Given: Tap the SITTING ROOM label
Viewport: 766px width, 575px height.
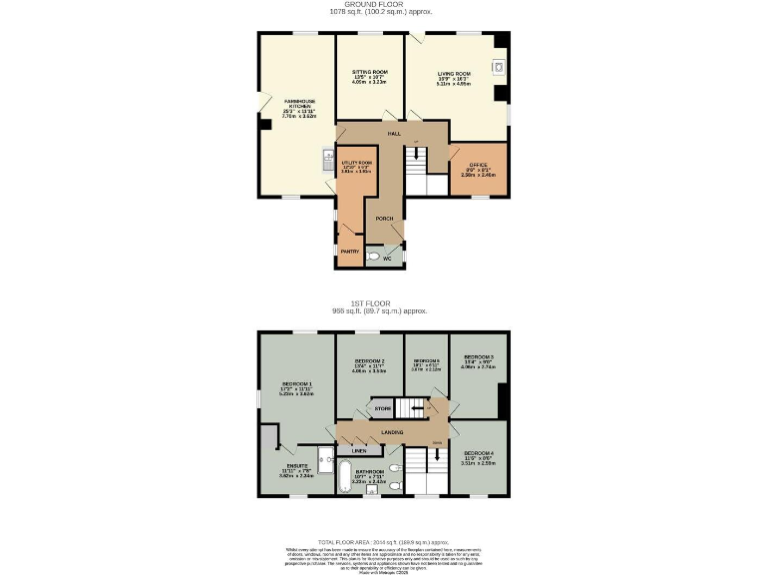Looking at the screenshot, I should point(369,73).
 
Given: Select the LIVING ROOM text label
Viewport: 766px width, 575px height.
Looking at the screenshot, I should point(453,73).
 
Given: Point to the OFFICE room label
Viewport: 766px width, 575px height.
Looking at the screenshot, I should point(478,164).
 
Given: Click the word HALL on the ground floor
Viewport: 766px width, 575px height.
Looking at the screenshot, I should point(394,133).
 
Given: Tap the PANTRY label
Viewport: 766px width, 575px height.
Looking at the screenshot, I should point(349,252).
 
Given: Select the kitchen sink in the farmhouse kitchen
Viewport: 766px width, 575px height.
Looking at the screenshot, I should point(328,158).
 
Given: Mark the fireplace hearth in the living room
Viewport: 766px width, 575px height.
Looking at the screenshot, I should point(498,68).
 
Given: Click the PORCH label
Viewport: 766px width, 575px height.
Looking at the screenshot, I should point(384,218).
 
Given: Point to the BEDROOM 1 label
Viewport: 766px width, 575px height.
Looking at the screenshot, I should point(297,383).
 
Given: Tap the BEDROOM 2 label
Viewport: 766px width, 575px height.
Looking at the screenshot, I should point(369,360).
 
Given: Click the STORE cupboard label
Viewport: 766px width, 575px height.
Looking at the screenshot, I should point(382,408).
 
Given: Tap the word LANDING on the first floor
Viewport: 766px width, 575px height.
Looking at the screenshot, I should point(393,432).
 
